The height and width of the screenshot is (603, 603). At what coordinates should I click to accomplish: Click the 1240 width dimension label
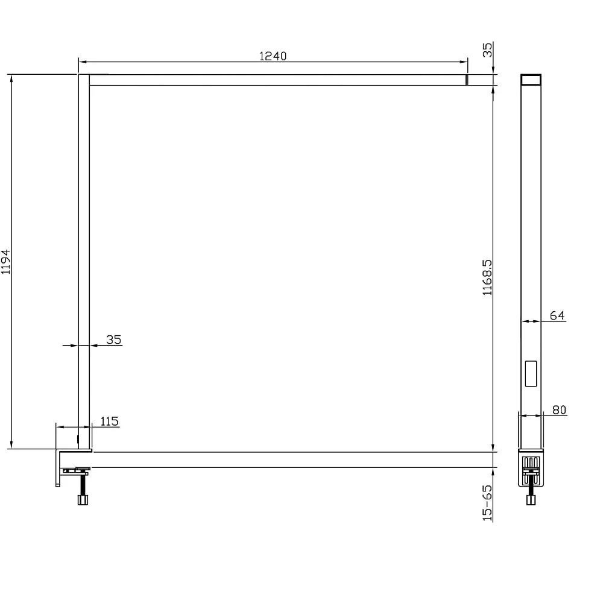click(273, 56)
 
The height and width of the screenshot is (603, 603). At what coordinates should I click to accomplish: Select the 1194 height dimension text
click(6, 262)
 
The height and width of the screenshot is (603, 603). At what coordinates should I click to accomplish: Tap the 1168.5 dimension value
click(487, 277)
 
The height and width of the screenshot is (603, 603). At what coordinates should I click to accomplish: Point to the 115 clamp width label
click(109, 421)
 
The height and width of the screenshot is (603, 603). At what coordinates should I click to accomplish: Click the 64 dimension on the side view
click(557, 316)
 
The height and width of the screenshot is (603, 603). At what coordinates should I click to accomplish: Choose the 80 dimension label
click(559, 410)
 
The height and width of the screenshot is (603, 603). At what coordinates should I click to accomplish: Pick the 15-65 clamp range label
click(487, 503)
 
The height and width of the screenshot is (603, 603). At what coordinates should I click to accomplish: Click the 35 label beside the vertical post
click(114, 339)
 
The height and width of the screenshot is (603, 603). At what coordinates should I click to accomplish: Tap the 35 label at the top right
click(487, 50)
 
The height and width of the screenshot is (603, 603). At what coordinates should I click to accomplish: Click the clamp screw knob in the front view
click(83, 499)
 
